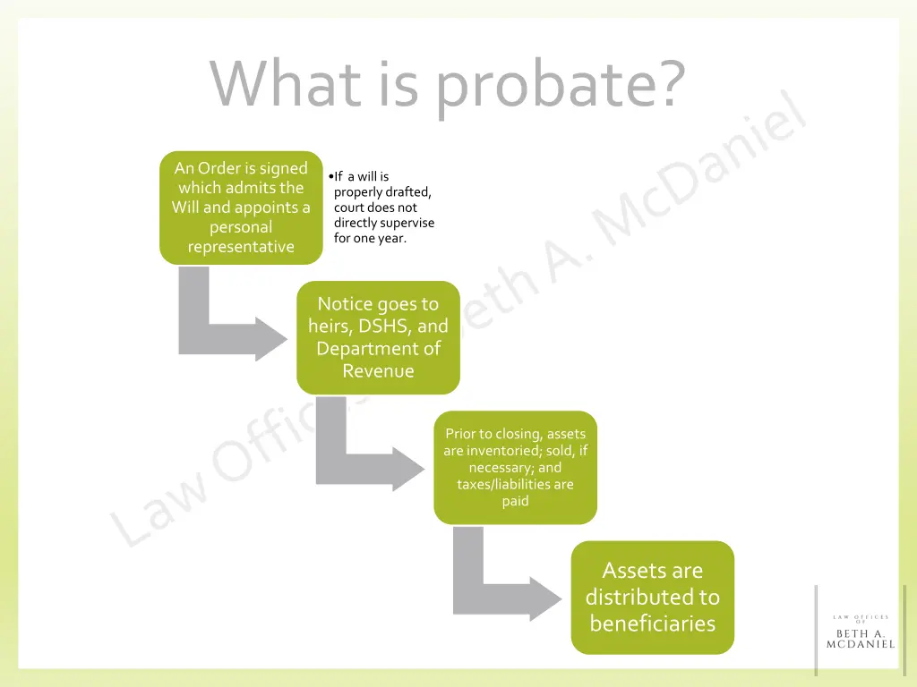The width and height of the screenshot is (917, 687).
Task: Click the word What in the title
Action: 286,83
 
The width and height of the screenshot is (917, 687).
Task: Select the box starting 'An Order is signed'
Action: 241,208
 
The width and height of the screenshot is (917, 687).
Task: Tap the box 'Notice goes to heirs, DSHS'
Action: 378,337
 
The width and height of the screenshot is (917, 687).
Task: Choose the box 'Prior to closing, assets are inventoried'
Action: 515,467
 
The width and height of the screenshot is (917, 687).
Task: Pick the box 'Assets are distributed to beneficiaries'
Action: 652,597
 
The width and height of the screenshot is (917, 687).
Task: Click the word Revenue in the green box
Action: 378,370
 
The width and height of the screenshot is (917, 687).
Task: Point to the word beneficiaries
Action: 652,623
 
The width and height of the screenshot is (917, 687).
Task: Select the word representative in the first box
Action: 241,247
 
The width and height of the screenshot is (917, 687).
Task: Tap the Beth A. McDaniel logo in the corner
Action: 860,630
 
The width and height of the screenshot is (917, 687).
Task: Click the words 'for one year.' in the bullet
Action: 370,239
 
